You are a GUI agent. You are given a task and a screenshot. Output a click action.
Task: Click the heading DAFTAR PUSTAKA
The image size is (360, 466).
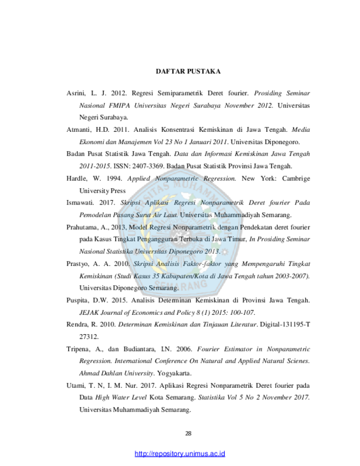coord(188,71)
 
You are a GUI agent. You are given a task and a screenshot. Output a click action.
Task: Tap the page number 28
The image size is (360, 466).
coord(188,433)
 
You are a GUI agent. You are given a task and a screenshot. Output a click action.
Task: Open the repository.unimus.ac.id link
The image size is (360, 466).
coord(179,454)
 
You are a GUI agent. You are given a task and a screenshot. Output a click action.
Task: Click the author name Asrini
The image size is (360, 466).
coord(76,93)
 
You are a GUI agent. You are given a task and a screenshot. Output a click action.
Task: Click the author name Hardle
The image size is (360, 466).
coord(76,178)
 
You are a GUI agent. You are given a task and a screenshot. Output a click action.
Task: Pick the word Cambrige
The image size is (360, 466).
coord(296,178)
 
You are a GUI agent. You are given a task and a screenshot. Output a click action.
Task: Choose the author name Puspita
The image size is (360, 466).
coord(76,300)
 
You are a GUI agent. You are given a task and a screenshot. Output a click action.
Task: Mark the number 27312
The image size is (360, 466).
coord(88,337)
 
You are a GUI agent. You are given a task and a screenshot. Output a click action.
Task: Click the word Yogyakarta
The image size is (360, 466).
coord(173,373)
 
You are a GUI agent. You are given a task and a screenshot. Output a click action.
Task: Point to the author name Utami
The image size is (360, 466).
coord(75,386)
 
